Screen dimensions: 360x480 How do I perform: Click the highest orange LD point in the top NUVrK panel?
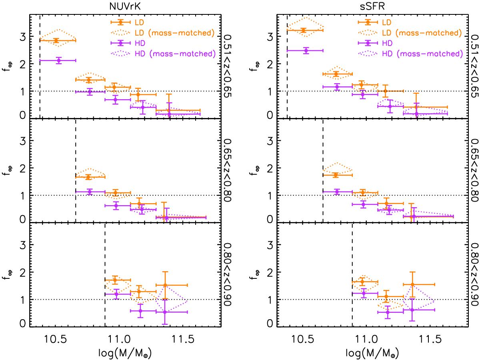56,40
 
